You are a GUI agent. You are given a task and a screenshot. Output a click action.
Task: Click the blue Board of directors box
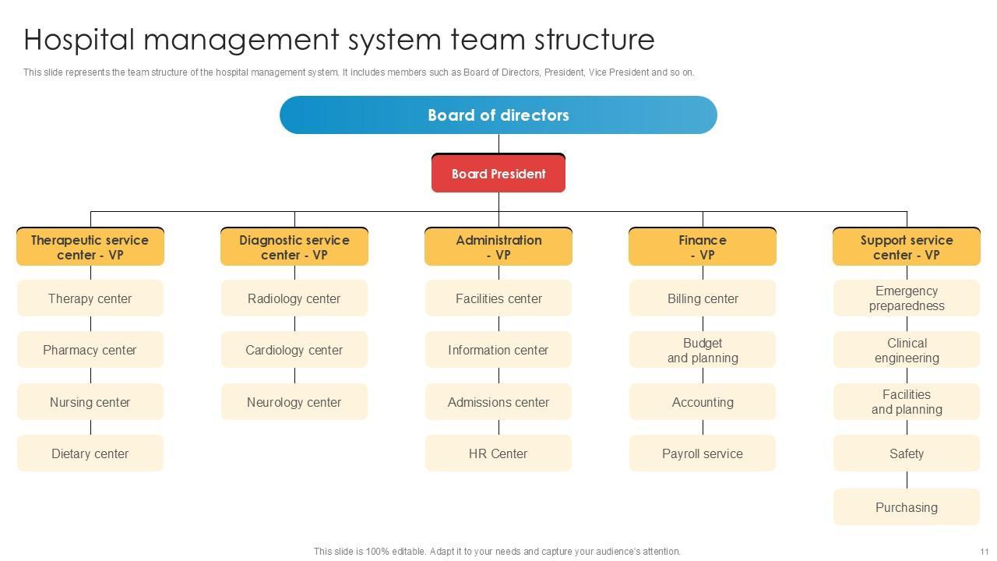[x=498, y=115]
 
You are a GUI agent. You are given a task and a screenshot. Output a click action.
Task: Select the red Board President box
[x=498, y=174]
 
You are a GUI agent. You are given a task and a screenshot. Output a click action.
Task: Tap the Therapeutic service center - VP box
[x=90, y=247]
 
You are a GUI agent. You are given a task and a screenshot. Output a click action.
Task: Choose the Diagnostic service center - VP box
[x=294, y=247]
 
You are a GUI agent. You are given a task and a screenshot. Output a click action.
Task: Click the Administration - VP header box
[x=498, y=247]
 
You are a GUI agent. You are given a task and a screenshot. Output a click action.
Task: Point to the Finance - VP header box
[x=703, y=247]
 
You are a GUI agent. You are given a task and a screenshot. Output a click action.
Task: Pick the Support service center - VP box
[x=907, y=247]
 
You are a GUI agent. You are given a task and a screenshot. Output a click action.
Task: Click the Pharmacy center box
[x=90, y=350]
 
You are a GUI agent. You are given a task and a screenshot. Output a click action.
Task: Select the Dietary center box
[x=90, y=453]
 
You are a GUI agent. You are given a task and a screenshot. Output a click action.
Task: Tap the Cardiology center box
[x=294, y=350]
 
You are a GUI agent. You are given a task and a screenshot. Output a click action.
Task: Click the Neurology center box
[x=294, y=402]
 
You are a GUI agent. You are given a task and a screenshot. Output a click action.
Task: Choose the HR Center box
[x=498, y=453]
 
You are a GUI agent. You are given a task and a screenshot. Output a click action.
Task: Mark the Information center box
[x=498, y=350]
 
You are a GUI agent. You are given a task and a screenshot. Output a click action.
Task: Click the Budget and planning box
[x=703, y=350]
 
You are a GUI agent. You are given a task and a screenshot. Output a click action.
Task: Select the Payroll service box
[x=703, y=453]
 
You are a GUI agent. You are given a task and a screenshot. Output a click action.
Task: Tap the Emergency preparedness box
[x=907, y=298]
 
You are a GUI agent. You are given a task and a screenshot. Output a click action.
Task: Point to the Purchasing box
[x=907, y=507]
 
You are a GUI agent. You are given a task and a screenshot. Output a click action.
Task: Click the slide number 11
[x=985, y=552]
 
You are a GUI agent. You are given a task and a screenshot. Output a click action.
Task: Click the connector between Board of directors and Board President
[x=498, y=143]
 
